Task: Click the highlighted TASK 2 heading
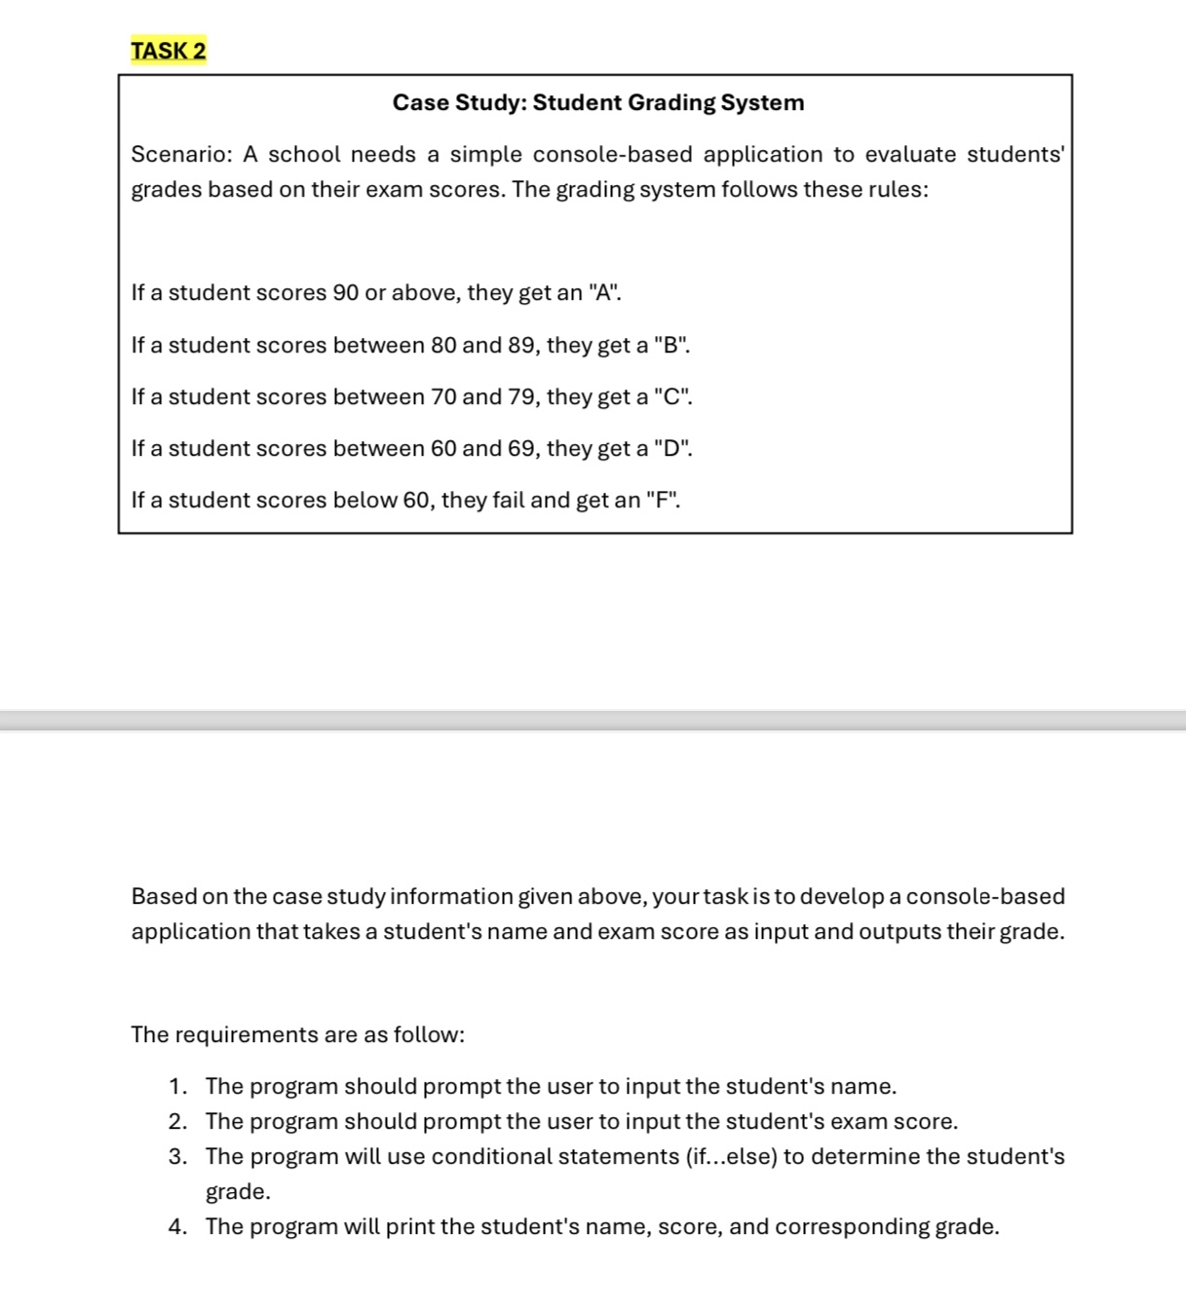pyautogui.click(x=169, y=51)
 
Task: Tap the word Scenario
pyautogui.click(x=180, y=154)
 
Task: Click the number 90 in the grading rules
pyautogui.click(x=346, y=292)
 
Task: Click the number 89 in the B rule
pyautogui.click(x=522, y=345)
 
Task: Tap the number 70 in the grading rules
pyautogui.click(x=443, y=396)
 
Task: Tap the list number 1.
pyautogui.click(x=175, y=1086)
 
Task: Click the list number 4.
pyautogui.click(x=176, y=1226)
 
